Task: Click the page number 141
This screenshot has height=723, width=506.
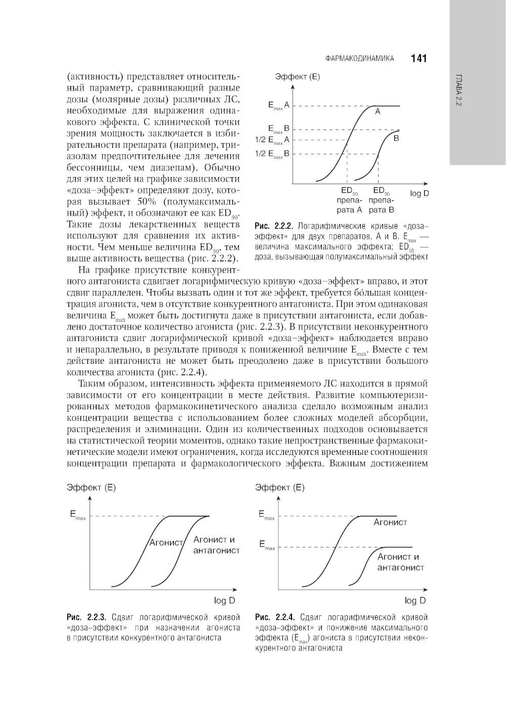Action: [x=419, y=59]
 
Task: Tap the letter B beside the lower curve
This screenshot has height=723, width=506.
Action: [x=396, y=138]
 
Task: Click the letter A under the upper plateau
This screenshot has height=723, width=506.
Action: [x=377, y=113]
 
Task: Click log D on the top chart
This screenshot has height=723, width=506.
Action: [x=419, y=194]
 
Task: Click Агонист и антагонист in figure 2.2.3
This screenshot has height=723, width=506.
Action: [x=216, y=545]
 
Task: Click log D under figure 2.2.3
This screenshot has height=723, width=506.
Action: [x=225, y=601]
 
